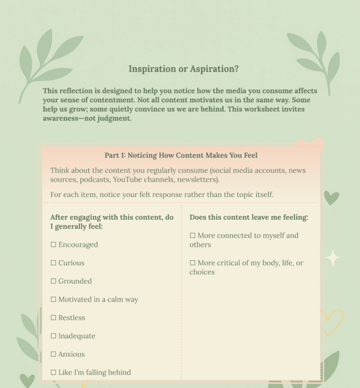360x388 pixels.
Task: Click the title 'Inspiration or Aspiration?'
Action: coord(183,69)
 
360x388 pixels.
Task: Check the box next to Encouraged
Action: coord(53,245)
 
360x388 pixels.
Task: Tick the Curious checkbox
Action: coord(53,263)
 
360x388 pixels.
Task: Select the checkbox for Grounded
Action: coord(53,281)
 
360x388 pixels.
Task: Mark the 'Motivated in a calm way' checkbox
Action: coord(53,300)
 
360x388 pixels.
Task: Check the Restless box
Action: coord(53,318)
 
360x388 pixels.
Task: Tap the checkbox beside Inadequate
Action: coord(53,336)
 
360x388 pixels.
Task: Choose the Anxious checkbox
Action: coord(53,354)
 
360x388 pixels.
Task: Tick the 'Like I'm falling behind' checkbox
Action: coord(53,373)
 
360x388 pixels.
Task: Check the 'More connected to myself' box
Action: coord(192,236)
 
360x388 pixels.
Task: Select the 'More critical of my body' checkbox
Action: coord(192,263)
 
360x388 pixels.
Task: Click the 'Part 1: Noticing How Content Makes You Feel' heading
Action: coord(181,155)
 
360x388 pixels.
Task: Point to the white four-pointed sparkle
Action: coord(333,258)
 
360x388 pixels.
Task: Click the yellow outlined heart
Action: coord(332,321)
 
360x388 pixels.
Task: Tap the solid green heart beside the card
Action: coord(331,197)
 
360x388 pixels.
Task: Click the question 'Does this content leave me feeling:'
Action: coord(249,218)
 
